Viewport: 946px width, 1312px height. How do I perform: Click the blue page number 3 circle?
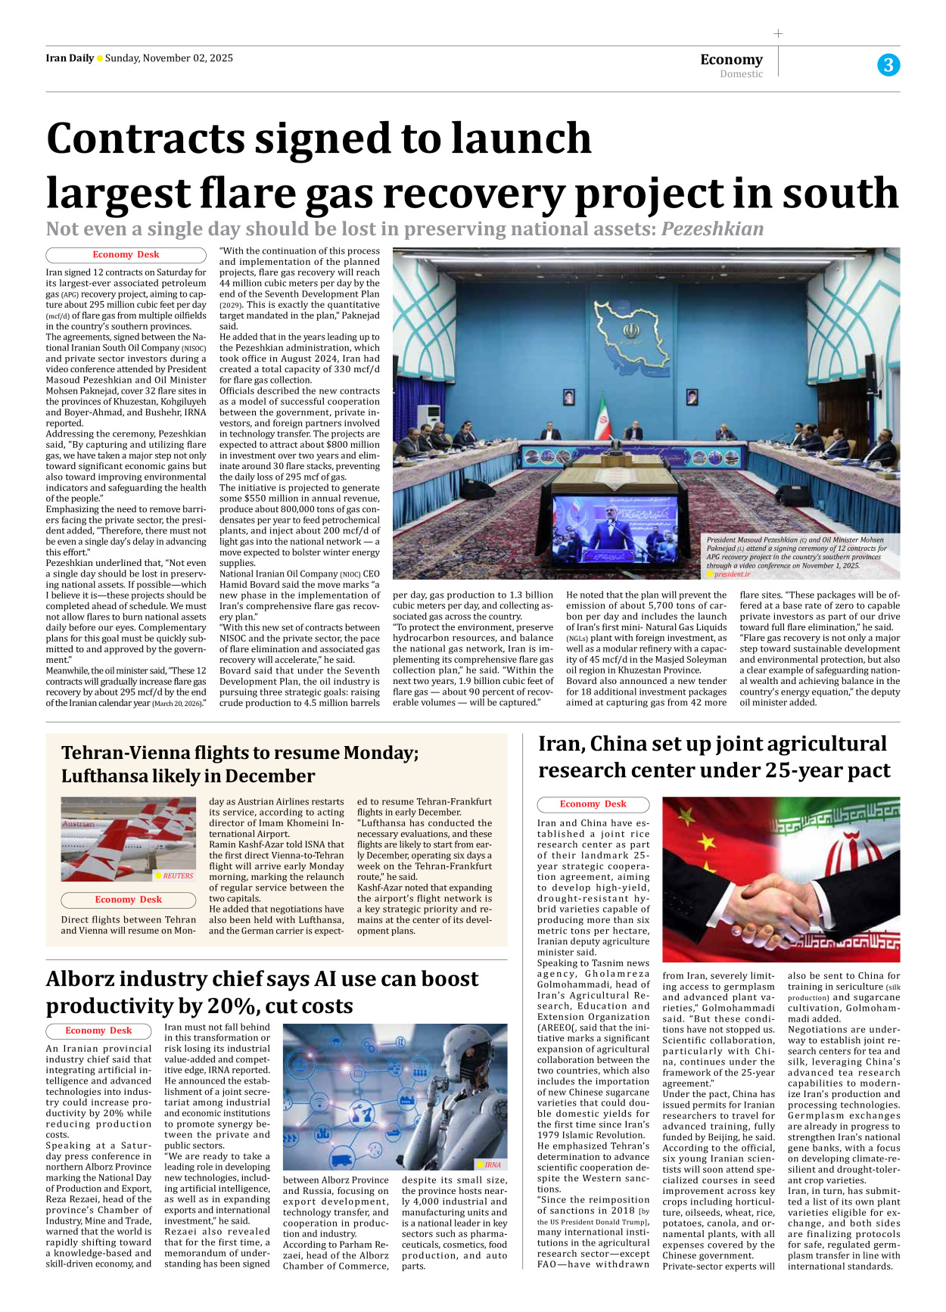[888, 65]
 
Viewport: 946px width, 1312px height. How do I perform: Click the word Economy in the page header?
[731, 59]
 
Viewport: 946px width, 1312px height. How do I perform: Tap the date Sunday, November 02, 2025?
[169, 58]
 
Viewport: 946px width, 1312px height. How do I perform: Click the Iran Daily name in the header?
[70, 58]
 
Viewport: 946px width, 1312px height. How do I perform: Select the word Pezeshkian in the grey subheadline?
[712, 229]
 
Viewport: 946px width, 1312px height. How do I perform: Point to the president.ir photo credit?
[732, 574]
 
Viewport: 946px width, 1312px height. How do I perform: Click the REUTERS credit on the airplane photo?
[178, 875]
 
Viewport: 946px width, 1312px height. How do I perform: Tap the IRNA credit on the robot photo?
[493, 1164]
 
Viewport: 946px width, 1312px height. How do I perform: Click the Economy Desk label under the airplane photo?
[128, 900]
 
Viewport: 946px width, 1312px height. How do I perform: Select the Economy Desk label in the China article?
[593, 804]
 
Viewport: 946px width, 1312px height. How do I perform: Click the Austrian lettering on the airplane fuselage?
[79, 824]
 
